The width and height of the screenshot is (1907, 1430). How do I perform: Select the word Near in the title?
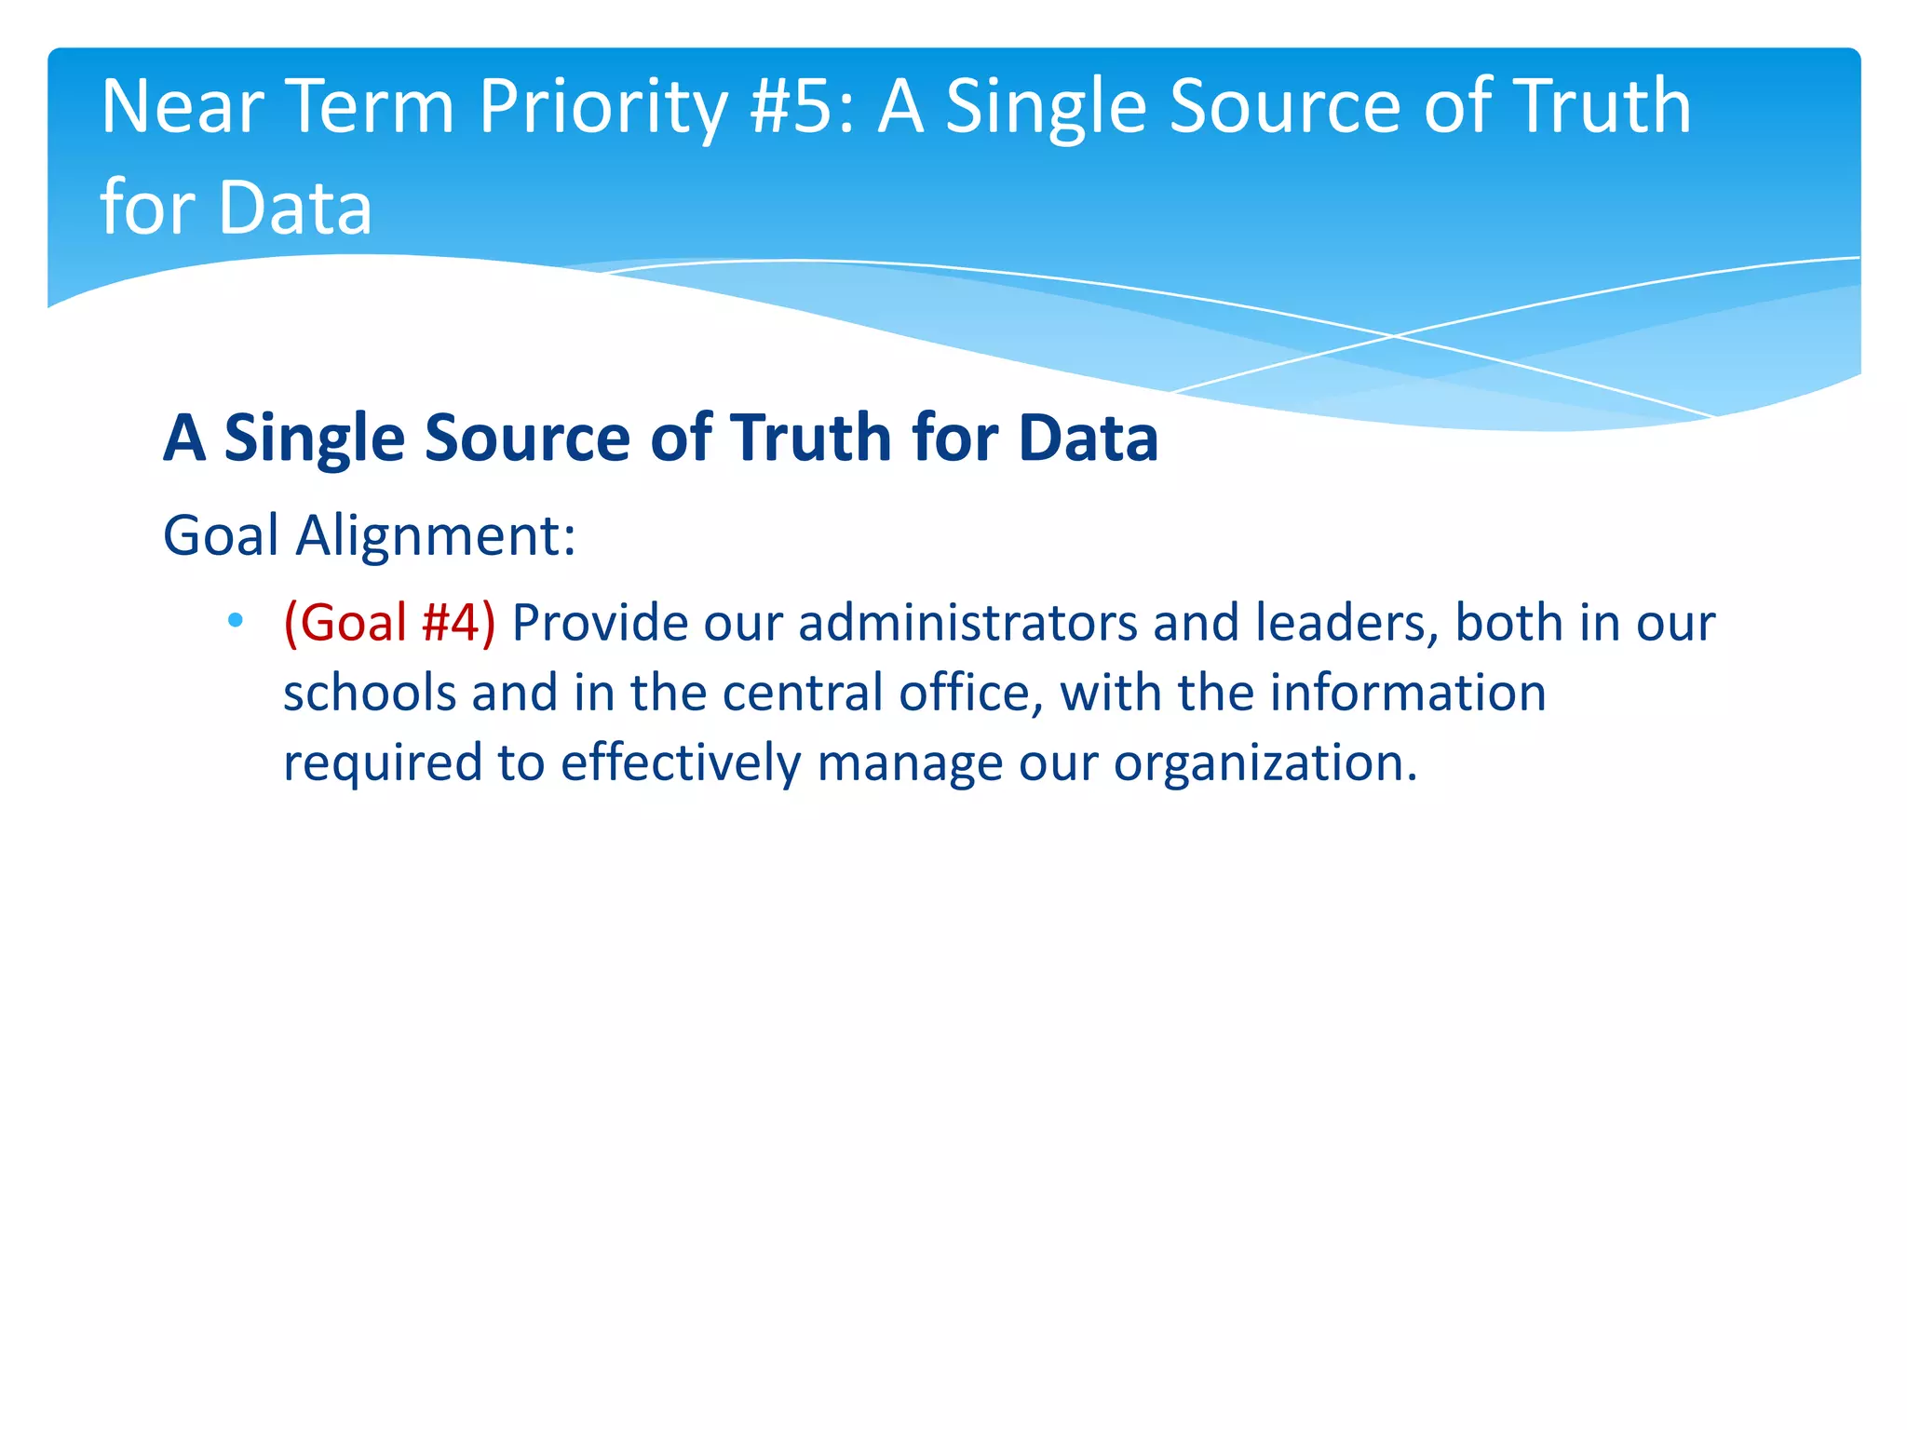183,107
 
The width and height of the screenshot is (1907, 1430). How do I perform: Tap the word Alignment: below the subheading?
436,536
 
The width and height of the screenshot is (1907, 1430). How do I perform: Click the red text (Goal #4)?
389,622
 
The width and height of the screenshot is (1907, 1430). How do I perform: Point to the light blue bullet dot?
235,620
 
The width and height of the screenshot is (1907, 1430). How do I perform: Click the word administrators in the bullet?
967,622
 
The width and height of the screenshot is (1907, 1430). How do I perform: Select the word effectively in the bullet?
680,762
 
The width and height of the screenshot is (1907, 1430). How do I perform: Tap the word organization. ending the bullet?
1265,764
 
